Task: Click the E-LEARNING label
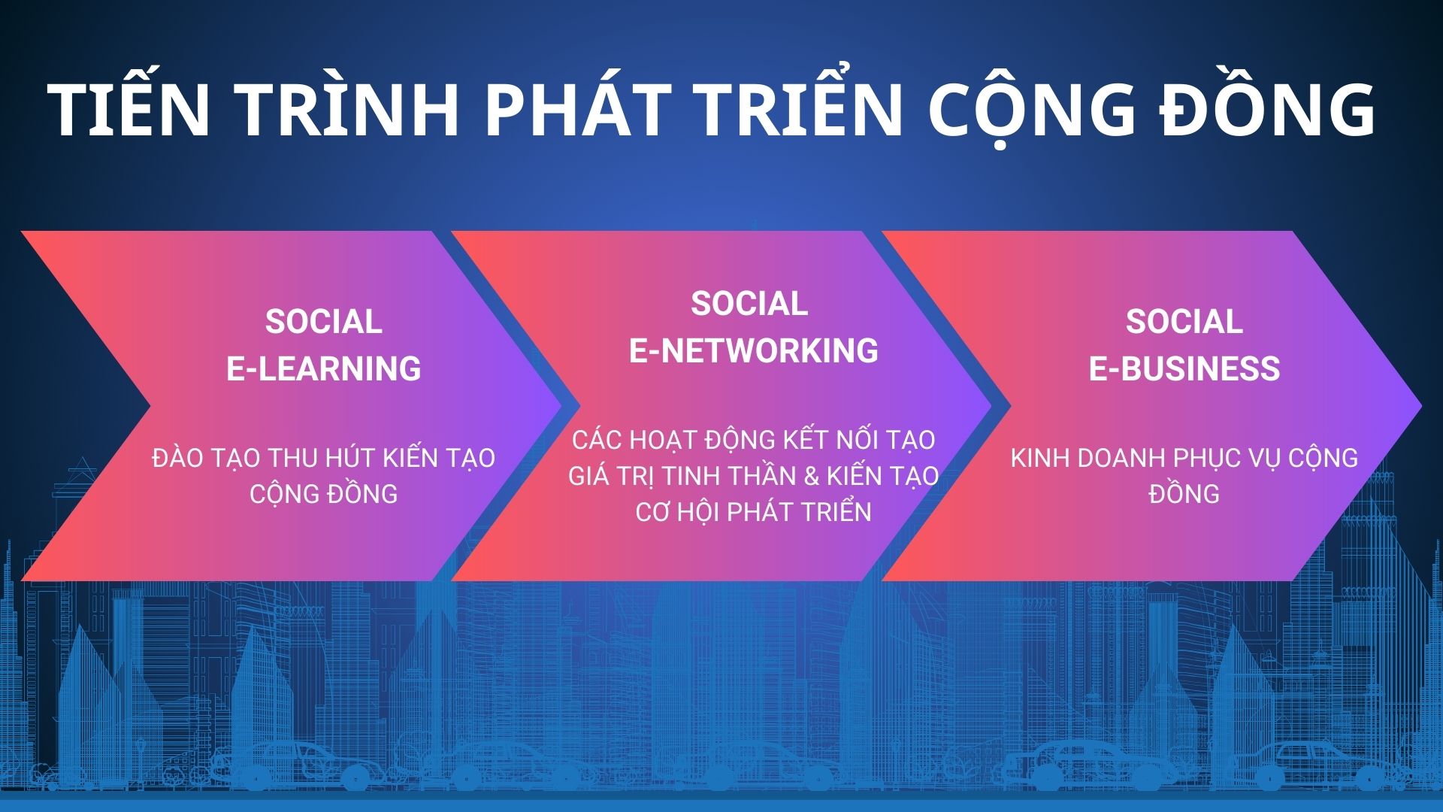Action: [x=324, y=368]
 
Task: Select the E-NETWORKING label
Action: [x=754, y=350]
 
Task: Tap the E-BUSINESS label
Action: [x=1184, y=368]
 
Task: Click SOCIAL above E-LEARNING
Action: [x=324, y=322]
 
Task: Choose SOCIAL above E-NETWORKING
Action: [x=749, y=304]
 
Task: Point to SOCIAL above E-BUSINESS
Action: [x=1184, y=322]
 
